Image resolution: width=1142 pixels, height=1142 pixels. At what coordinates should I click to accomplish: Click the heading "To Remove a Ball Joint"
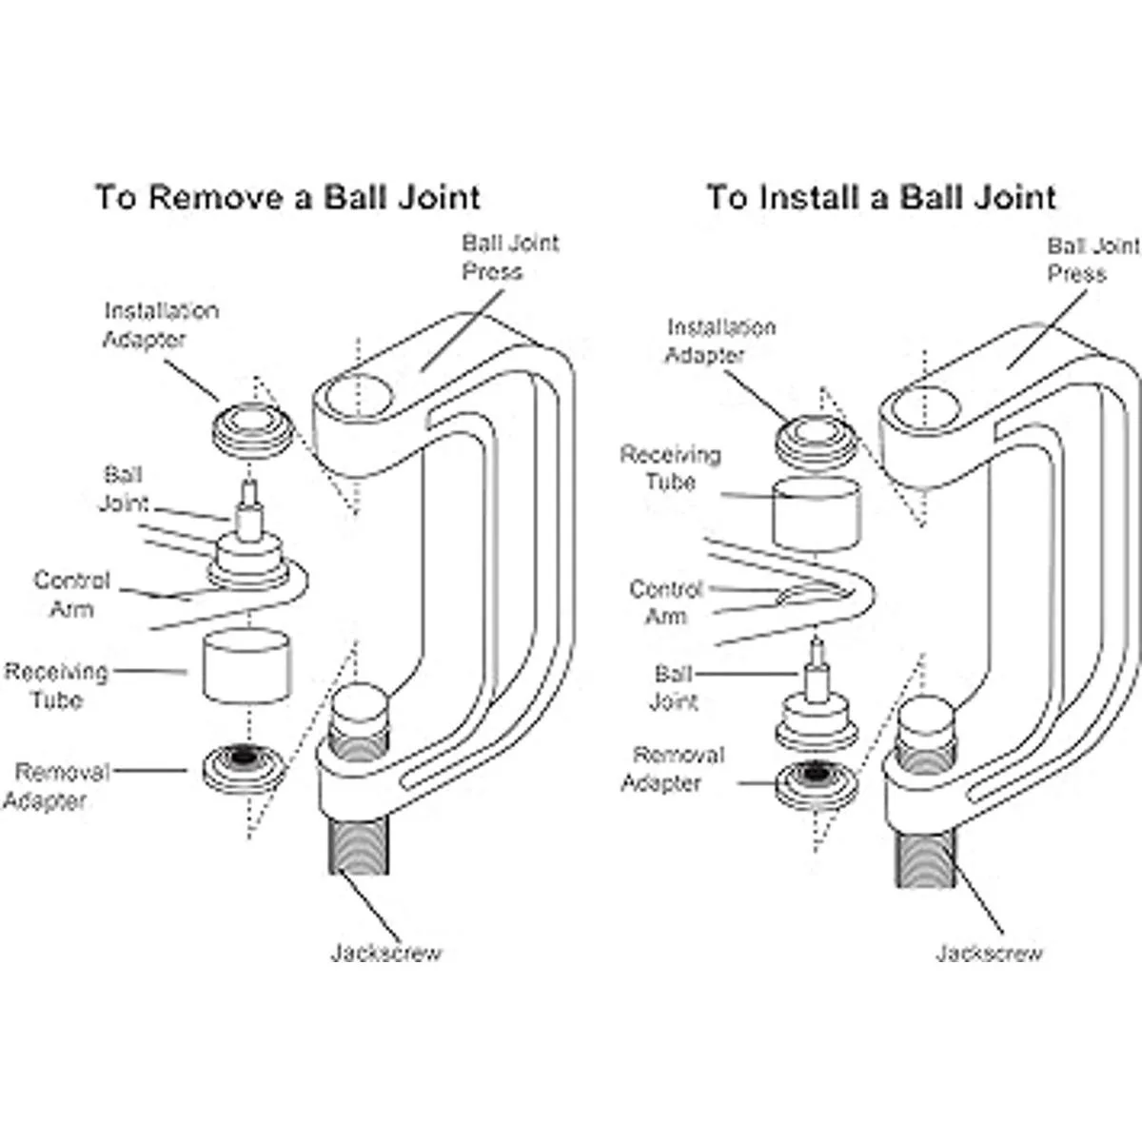287,197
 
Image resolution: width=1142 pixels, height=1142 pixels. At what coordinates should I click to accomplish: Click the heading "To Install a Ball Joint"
881,197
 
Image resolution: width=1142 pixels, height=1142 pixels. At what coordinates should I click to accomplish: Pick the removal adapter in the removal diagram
245,765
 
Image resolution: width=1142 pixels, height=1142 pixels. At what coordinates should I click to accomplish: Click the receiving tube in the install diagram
817,514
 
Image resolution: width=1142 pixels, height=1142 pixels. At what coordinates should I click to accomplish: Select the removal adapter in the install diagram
816,782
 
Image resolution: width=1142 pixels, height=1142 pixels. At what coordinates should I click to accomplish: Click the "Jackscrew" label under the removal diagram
386,952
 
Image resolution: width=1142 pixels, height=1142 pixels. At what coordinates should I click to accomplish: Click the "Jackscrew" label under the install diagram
989,953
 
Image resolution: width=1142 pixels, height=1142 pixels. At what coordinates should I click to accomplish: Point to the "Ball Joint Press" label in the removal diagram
510,257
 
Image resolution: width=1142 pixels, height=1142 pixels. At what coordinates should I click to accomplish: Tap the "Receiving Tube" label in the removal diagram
56,686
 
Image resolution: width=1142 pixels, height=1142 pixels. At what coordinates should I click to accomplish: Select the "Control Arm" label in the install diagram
666,602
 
